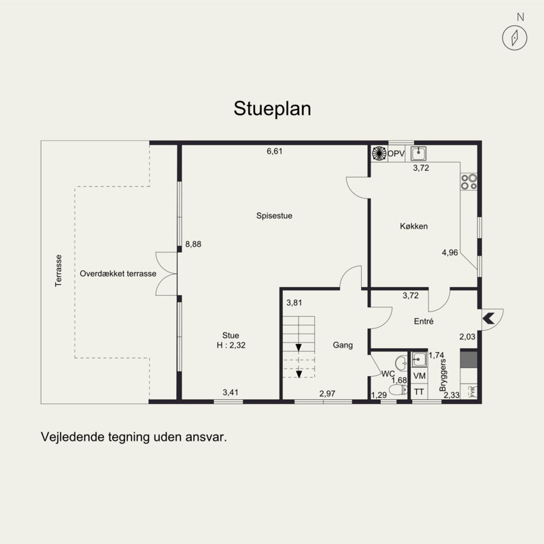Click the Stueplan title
tap(272, 109)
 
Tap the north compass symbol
tap(515, 38)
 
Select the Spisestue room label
tap(274, 216)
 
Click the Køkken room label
tap(413, 226)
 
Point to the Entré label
tap(424, 321)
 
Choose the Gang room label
tap(343, 345)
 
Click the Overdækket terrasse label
tap(118, 273)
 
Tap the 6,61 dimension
tap(275, 151)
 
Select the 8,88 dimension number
tap(193, 244)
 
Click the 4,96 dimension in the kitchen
tap(449, 252)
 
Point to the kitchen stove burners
tap(469, 182)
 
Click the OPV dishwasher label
tap(396, 154)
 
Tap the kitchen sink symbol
tap(419, 154)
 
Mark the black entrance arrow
tap(488, 318)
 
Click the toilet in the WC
tap(398, 390)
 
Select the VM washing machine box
tap(419, 376)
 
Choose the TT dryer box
tap(419, 392)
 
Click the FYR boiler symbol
tap(473, 392)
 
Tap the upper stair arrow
tap(299, 347)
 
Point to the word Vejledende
tap(73, 437)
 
